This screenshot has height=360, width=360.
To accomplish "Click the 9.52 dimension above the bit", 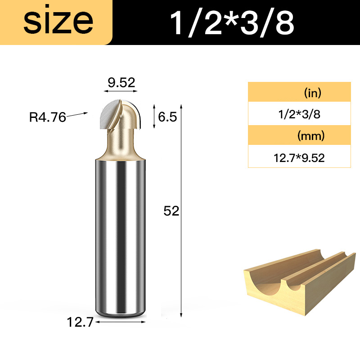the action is click(121, 83).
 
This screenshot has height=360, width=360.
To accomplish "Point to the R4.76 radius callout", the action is click(48, 117).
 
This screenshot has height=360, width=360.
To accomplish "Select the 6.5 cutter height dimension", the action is click(167, 117).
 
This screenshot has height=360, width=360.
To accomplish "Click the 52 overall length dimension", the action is click(171, 211).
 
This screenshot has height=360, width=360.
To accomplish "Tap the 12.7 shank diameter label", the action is click(80, 322).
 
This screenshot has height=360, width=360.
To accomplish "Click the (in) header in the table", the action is click(312, 93).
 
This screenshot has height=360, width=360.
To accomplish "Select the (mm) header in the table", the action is click(311, 136).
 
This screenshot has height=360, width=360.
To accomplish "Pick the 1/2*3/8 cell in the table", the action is click(299, 114).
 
